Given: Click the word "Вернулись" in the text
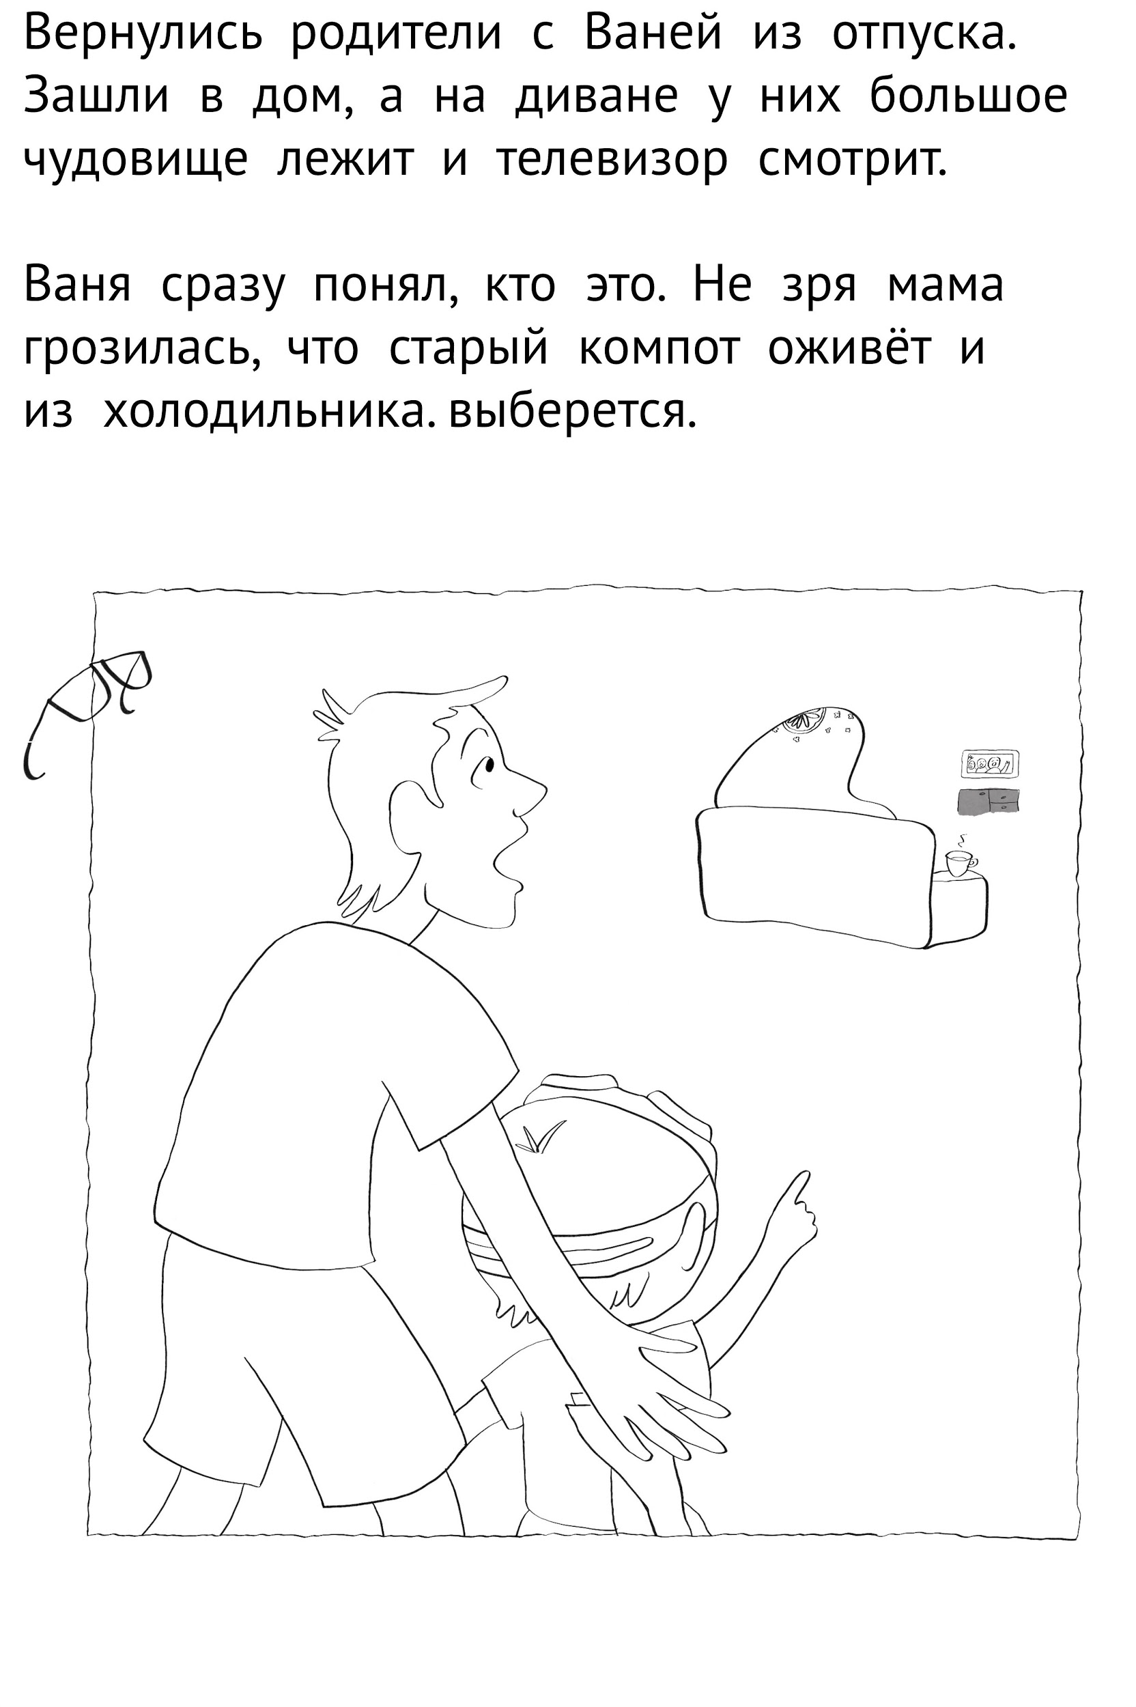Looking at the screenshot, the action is (143, 34).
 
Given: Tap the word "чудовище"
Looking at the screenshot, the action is (135, 160).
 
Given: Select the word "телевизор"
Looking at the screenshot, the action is (612, 161).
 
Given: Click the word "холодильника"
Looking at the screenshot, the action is (271, 412).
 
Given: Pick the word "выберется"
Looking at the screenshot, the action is (572, 412).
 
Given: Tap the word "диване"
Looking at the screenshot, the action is (597, 97).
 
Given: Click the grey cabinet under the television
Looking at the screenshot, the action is (987, 802).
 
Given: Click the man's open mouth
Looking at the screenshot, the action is (509, 854).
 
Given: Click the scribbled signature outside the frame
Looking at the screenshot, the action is (87, 710).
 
